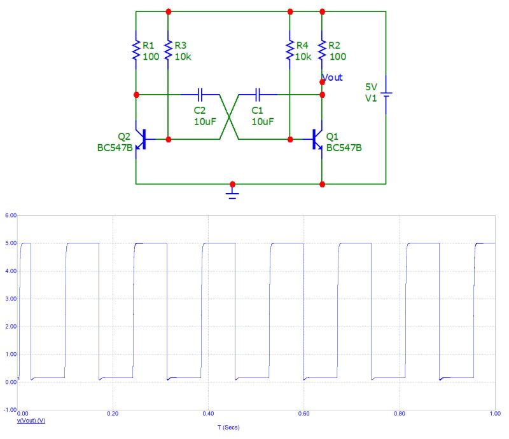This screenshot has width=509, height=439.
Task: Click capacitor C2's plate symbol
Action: tap(200, 95)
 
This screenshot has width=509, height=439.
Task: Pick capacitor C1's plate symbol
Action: tap(258, 95)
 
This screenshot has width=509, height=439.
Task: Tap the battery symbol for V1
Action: tap(386, 95)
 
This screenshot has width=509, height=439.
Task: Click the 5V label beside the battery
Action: tap(370, 87)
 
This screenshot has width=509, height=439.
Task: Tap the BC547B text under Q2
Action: tap(115, 148)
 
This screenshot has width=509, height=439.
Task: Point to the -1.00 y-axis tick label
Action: tap(8, 410)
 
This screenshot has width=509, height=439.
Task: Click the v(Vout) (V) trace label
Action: tap(31, 421)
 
